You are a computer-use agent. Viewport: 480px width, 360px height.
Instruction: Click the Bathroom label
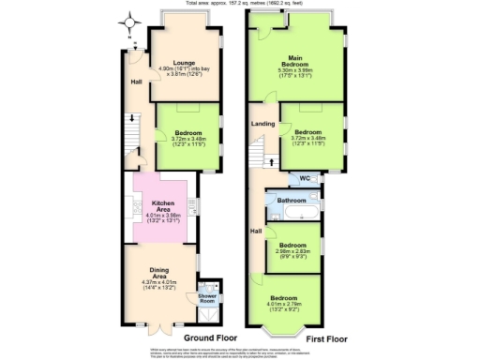[x=293, y=200]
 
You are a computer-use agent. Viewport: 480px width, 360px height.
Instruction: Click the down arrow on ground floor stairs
[x=131, y=118]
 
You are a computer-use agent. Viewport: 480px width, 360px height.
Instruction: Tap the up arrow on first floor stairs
[x=271, y=161]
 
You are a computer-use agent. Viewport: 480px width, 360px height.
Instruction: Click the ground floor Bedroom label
[x=187, y=133]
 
